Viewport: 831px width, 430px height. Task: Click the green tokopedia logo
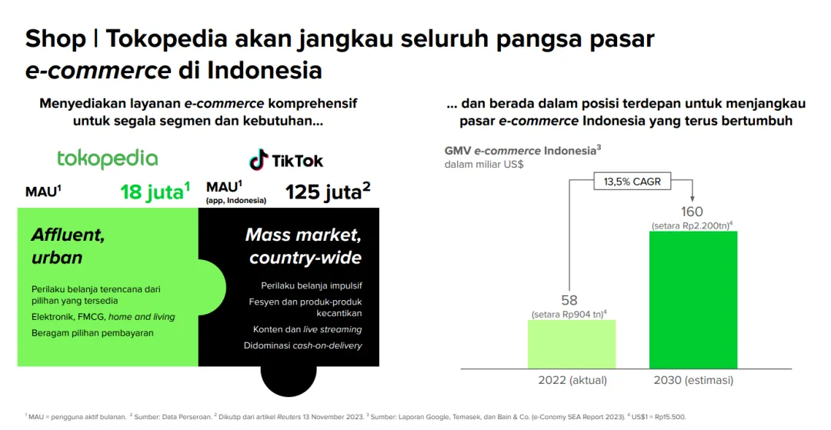coord(108,159)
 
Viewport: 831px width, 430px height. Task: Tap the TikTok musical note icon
coord(259,159)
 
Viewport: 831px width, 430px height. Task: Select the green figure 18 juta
coord(155,192)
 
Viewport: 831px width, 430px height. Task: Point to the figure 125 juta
coord(328,192)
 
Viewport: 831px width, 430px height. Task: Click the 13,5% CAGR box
coord(632,182)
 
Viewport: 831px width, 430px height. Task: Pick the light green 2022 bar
coord(572,344)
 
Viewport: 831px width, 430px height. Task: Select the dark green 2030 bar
coord(693,300)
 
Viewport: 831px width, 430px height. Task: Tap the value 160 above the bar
coord(692,212)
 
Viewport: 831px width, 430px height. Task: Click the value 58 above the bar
coord(569,300)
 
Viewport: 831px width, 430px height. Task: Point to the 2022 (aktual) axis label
coord(572,380)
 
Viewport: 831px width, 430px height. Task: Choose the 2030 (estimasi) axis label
coord(693,380)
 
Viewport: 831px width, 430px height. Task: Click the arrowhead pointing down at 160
coord(692,198)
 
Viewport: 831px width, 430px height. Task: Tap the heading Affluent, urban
coord(68,246)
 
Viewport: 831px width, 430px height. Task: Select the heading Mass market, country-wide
coord(304,246)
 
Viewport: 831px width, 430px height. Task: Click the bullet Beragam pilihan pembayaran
coord(93,333)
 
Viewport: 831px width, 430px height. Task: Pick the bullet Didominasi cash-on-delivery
coord(303,346)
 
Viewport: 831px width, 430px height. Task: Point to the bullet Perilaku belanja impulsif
coord(312,286)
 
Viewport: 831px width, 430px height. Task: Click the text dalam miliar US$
coord(484,164)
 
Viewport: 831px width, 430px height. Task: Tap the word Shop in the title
coord(55,39)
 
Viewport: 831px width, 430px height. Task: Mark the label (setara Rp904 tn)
coord(569,315)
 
